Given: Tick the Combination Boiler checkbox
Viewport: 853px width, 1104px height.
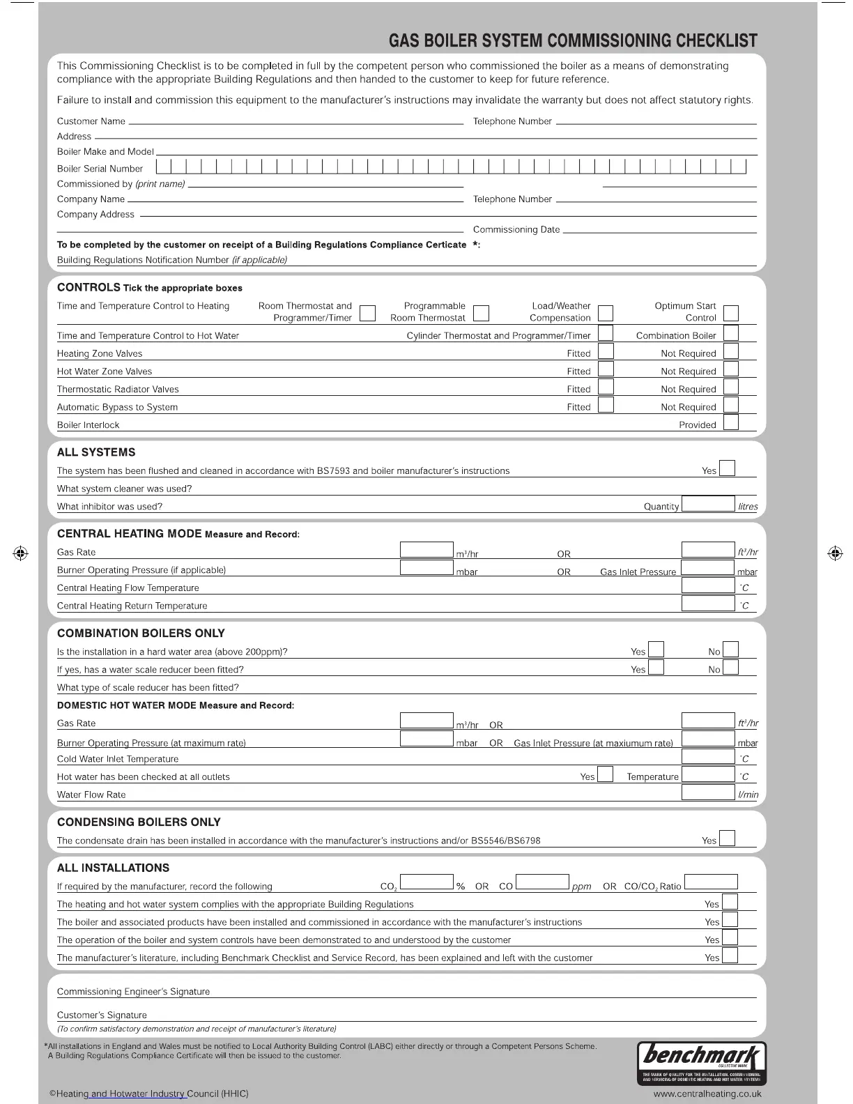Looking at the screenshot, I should (730, 334).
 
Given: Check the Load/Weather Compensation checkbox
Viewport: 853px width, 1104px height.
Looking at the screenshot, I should (606, 312).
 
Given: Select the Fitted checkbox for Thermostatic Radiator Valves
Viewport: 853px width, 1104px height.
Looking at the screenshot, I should (606, 388).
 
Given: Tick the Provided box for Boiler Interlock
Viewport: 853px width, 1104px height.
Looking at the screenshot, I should (730, 423).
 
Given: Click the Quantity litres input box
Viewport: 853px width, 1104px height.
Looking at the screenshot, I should (707, 505).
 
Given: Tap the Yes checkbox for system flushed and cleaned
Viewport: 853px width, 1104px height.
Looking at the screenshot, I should (727, 468).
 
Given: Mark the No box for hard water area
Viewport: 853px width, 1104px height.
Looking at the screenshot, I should (730, 650).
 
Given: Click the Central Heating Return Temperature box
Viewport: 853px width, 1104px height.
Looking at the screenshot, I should (707, 604).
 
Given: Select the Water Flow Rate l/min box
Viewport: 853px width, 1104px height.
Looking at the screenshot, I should (707, 792).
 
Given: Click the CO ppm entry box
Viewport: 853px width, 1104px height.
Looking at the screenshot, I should (542, 883).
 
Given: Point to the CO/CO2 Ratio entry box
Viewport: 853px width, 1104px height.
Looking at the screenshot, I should (710, 883).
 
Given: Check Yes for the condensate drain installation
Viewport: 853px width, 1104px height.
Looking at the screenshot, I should (727, 838).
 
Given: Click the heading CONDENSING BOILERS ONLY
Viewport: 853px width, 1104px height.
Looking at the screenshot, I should (139, 822).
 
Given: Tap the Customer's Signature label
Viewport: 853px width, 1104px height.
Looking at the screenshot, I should (102, 1015).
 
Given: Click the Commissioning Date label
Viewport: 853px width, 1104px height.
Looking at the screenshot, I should (516, 230).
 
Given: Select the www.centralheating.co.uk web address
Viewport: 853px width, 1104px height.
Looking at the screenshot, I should (706, 1094).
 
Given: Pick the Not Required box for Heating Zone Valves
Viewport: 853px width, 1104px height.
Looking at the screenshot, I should (730, 352).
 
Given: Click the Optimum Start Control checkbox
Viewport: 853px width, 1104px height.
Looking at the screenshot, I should (731, 313).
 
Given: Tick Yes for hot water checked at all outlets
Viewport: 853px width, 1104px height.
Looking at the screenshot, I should (605, 775).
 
